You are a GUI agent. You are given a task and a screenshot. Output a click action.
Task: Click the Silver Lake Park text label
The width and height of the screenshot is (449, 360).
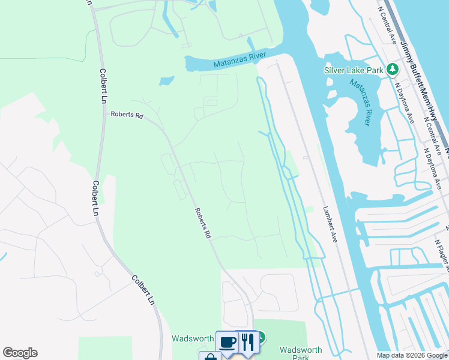[354, 70]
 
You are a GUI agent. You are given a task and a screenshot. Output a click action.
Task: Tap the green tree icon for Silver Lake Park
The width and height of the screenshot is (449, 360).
[393, 70]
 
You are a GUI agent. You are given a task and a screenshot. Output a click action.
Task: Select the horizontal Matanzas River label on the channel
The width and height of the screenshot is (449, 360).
[240, 61]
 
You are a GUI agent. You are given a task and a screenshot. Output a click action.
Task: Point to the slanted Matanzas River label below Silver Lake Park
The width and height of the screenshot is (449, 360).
[363, 103]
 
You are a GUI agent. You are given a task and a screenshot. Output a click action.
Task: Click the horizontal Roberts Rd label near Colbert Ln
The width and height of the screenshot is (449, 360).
[127, 115]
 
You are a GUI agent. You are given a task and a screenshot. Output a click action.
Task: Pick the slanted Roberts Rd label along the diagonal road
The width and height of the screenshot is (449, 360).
[203, 224]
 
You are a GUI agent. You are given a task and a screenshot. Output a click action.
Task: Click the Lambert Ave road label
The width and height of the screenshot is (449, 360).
[330, 225]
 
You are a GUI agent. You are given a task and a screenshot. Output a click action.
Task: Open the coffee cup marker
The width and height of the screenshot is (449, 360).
[227, 342]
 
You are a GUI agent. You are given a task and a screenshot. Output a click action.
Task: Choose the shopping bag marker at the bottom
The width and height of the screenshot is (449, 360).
[210, 357]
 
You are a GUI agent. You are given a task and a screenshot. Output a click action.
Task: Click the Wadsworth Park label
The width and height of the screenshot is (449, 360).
[301, 354]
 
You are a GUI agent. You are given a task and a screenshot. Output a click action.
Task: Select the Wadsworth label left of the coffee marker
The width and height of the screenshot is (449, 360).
[193, 338]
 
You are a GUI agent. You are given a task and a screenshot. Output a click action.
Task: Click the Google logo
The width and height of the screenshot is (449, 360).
[20, 353]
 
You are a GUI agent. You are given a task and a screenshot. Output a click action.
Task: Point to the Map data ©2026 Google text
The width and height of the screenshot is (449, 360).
[412, 355]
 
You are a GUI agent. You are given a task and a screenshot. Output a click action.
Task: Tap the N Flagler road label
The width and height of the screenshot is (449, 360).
[441, 252]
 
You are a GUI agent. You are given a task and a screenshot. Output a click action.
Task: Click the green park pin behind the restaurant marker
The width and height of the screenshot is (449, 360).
[261, 337]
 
